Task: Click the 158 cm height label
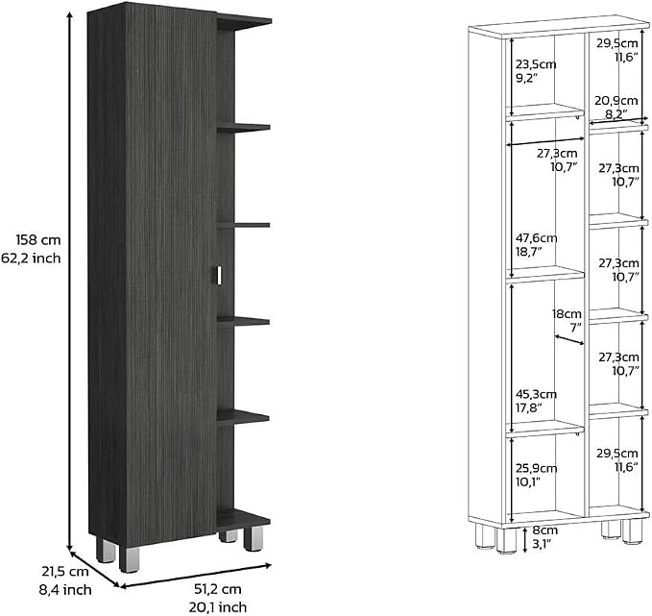point(38,240)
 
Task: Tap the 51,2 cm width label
point(217,589)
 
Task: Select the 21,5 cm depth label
point(65,572)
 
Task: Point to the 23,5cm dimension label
point(536,64)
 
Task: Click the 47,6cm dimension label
point(537,238)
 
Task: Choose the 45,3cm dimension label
point(536,394)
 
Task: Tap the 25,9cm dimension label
point(537,468)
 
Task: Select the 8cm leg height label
point(545,530)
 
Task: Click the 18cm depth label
point(567,314)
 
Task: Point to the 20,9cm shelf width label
point(616,101)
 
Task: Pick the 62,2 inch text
point(31,259)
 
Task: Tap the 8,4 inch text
point(65,590)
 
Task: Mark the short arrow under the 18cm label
point(569,340)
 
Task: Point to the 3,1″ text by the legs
point(542,543)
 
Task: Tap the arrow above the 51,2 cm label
point(196,576)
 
